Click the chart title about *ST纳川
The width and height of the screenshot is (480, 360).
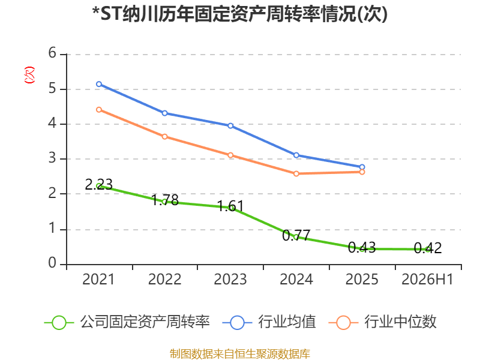click(240, 14)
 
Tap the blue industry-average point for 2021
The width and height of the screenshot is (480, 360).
click(99, 84)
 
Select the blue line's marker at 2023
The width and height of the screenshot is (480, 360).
click(230, 126)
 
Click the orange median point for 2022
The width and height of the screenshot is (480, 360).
click(164, 137)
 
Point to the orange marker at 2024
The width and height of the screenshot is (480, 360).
click(296, 174)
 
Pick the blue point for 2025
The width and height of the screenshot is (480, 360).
click(362, 167)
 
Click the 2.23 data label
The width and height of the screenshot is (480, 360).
click(98, 184)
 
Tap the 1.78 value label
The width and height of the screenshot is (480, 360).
click(165, 200)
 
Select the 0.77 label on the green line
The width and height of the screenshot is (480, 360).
click(296, 235)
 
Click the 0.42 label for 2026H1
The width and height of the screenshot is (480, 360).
click(428, 248)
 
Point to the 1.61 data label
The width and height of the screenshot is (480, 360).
click(230, 206)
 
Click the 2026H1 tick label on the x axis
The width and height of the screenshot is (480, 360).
click(427, 279)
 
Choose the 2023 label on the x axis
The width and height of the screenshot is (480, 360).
click(230, 279)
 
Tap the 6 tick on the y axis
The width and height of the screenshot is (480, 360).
click(52, 53)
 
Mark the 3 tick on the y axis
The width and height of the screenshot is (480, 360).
click(52, 158)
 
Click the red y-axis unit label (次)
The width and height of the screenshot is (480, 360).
click(29, 75)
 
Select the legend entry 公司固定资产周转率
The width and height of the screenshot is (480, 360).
click(127, 322)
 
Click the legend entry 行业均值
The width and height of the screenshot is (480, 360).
click(269, 322)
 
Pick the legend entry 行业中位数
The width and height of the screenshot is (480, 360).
click(382, 322)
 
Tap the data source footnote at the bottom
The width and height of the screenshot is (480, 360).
click(240, 354)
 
